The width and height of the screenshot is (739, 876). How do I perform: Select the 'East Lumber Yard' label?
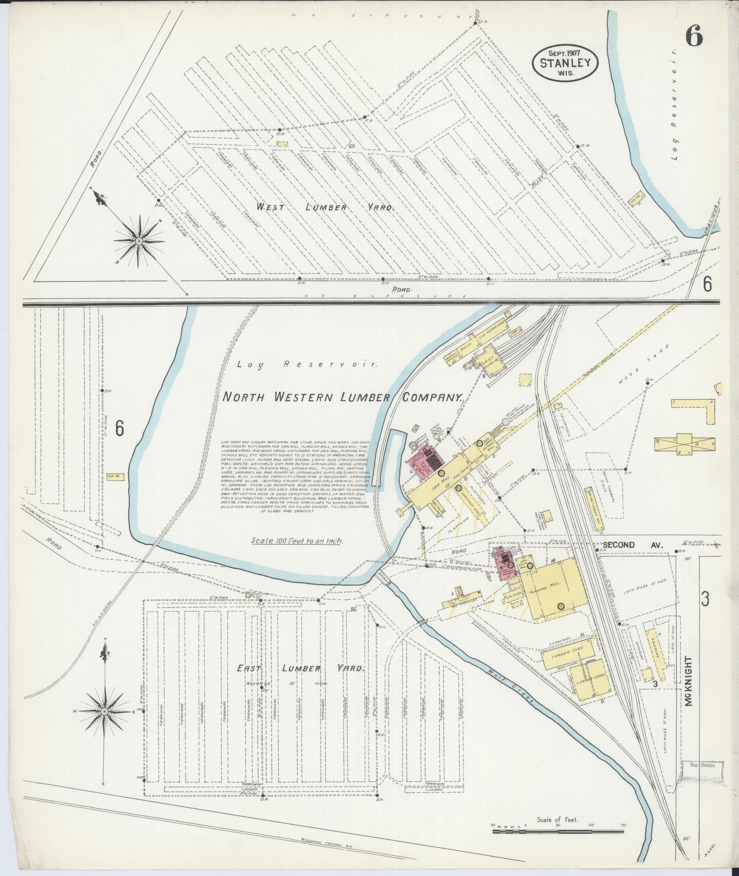[x=300, y=668]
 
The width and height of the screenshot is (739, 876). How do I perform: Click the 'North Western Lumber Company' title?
[x=342, y=397]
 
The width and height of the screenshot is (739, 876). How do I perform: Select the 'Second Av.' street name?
[x=632, y=545]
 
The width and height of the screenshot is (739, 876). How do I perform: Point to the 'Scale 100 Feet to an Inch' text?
[x=297, y=541]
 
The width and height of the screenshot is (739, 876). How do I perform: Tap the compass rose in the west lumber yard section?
[x=139, y=240]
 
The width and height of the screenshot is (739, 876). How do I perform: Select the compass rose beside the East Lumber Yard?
[x=104, y=711]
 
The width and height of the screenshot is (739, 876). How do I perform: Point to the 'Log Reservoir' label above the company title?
[x=307, y=365]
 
